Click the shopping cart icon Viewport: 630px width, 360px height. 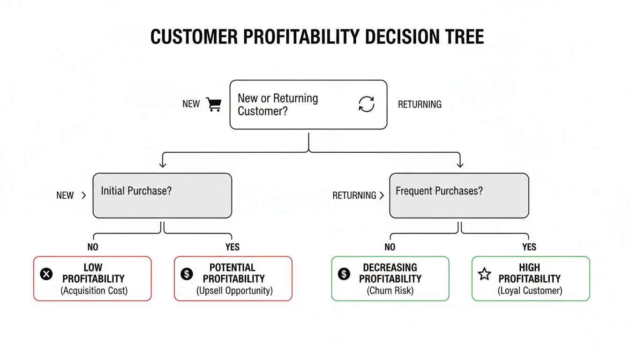pos(214,104)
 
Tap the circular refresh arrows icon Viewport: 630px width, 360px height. pos(366,104)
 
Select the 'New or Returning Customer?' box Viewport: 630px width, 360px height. pos(308,105)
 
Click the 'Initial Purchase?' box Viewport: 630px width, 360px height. pos(162,195)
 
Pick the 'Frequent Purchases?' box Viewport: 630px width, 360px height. pos(459,195)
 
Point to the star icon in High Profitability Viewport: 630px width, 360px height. pos(484,274)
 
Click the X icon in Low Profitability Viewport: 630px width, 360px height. pos(46,274)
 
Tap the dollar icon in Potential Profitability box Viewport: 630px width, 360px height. pos(187,274)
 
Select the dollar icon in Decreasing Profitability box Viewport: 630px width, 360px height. pos(344,274)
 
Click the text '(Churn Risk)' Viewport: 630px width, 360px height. pos(390,291)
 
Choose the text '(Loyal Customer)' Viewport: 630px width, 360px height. pos(530,291)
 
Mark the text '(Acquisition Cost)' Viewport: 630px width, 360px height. pos(94,291)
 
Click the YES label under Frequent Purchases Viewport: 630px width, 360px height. pos(529,247)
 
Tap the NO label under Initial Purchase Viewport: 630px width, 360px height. pos(93,247)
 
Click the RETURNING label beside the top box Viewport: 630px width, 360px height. pos(420,105)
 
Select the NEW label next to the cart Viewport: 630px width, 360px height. pos(191,104)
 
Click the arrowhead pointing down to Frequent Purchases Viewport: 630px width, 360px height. pos(459,164)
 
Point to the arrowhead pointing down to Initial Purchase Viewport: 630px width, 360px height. pos(163,164)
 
